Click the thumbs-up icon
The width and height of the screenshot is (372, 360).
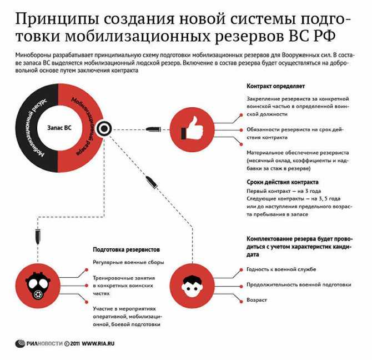(192, 128)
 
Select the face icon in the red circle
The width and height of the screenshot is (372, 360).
(192, 287)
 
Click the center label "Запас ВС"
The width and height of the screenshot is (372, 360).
(59, 128)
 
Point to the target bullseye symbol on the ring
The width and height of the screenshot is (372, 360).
(104, 129)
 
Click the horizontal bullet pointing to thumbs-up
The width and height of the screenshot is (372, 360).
(153, 129)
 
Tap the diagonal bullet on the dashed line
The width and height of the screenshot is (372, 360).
(152, 182)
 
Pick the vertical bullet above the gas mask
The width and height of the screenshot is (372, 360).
(38, 237)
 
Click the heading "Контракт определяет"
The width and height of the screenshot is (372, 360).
(276, 86)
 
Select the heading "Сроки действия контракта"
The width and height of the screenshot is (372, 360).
(282, 182)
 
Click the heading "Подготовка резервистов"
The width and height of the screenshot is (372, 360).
(126, 249)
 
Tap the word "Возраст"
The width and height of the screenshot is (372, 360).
(257, 300)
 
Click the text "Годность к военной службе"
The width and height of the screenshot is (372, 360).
(281, 269)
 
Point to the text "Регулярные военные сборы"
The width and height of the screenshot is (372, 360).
(128, 262)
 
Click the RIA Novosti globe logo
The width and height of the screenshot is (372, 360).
(20, 344)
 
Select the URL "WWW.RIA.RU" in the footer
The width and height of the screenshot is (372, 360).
(98, 344)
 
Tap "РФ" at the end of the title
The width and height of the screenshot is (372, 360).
(323, 37)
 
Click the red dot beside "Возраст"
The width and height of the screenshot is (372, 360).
(242, 301)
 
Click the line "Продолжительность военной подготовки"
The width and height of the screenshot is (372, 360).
(299, 284)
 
